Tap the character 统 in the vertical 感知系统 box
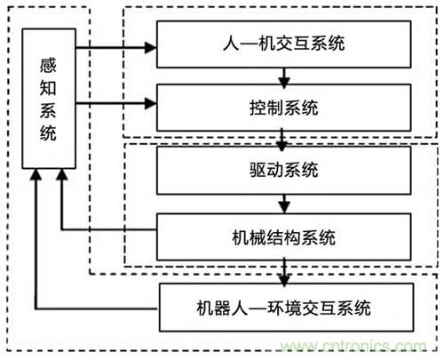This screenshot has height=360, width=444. point(47,133)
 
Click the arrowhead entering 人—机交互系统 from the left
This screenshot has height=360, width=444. point(150,44)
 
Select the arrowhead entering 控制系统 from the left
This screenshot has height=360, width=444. point(150,107)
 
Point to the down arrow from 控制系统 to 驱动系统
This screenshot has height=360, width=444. point(282,140)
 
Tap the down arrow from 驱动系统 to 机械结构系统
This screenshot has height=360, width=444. point(282,205)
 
